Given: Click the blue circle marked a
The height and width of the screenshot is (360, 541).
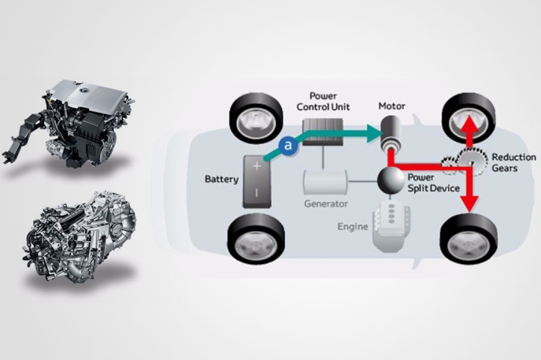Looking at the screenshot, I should pos(288,145).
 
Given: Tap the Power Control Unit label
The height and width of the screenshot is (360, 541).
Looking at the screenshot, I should pos(324,101).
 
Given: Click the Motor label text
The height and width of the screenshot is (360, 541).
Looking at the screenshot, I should pos(391,105).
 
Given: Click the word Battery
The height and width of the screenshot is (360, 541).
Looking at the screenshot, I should pos(221,180).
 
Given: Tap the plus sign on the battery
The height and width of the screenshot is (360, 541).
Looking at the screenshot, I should pos(256,165).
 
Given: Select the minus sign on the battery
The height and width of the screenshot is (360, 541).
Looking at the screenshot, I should pos(256,191).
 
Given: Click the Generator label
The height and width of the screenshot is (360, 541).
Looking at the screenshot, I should pos(326,204).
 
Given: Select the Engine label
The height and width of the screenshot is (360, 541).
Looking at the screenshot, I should pos(354,225).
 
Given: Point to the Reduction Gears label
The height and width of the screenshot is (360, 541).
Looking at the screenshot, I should pos(513,163).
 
